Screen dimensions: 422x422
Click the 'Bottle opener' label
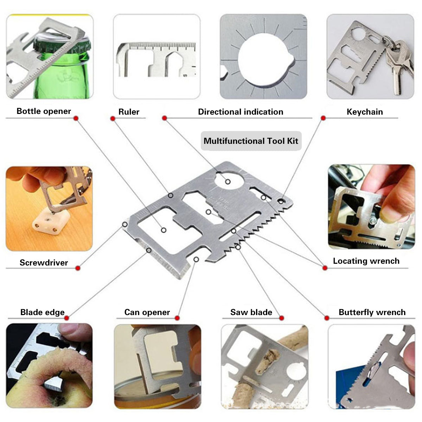[x=44, y=111]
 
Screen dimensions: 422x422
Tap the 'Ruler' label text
[x=129, y=112]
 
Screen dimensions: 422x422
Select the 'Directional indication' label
[x=241, y=112]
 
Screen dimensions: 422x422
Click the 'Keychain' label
[x=365, y=112]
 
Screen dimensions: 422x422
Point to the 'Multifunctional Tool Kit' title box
[x=251, y=141]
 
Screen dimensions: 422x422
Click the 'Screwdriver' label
[x=44, y=263]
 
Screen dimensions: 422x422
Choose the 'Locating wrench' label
[x=366, y=261]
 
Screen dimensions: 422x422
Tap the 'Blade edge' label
[x=43, y=312]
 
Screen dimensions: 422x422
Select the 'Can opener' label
[x=147, y=312]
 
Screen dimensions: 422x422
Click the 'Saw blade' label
[x=251, y=312]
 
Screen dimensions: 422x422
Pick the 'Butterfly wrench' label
[x=372, y=312]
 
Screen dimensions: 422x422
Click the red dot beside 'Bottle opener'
[x=76, y=119]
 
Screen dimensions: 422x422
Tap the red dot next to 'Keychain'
[x=323, y=118]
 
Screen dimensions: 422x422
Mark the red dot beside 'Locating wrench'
[x=325, y=268]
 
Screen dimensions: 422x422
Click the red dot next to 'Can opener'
[x=177, y=318]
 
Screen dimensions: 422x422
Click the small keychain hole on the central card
[x=281, y=201]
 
